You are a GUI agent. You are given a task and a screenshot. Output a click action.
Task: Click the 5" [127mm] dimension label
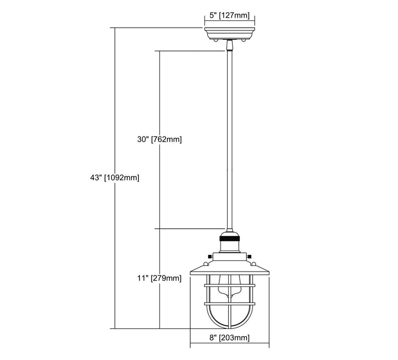(229, 15)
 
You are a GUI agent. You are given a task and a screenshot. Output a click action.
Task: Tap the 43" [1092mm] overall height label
(115, 178)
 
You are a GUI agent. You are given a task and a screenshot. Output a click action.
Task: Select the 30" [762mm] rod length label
(159, 139)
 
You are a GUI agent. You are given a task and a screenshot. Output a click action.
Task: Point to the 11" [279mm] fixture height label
(159, 278)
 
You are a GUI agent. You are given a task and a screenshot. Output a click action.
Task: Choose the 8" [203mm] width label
(229, 338)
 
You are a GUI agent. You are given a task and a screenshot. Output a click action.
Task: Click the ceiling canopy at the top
(229, 33)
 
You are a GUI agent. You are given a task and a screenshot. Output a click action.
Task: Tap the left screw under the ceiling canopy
(215, 40)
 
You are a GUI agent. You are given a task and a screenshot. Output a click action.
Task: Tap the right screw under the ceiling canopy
(244, 40)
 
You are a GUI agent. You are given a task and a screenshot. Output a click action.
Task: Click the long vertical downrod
(229, 140)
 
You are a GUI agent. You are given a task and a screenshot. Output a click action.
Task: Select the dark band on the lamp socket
(230, 239)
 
